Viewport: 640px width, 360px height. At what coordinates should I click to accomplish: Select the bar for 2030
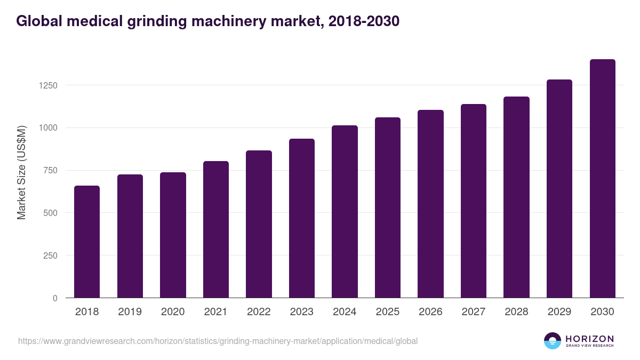(x=602, y=179)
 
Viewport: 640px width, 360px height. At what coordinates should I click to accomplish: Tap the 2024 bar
(x=345, y=212)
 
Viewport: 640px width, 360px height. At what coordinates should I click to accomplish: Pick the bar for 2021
(x=216, y=229)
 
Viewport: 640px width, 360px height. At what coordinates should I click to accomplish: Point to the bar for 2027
(x=474, y=201)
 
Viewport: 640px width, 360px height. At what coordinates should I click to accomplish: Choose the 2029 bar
(x=559, y=189)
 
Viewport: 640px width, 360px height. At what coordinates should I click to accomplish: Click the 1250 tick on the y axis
(x=46, y=85)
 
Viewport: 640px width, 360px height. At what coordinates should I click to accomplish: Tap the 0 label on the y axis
(x=55, y=298)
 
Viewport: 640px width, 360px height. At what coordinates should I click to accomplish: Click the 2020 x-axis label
(x=173, y=312)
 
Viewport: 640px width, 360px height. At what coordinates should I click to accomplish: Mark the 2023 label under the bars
(x=302, y=312)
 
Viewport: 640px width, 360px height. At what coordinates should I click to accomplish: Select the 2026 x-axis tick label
(x=430, y=312)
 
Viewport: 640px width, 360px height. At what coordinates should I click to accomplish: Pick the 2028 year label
(x=516, y=312)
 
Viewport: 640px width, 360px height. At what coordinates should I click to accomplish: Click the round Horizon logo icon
(x=553, y=341)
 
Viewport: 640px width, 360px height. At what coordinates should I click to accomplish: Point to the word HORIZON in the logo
(x=589, y=338)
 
